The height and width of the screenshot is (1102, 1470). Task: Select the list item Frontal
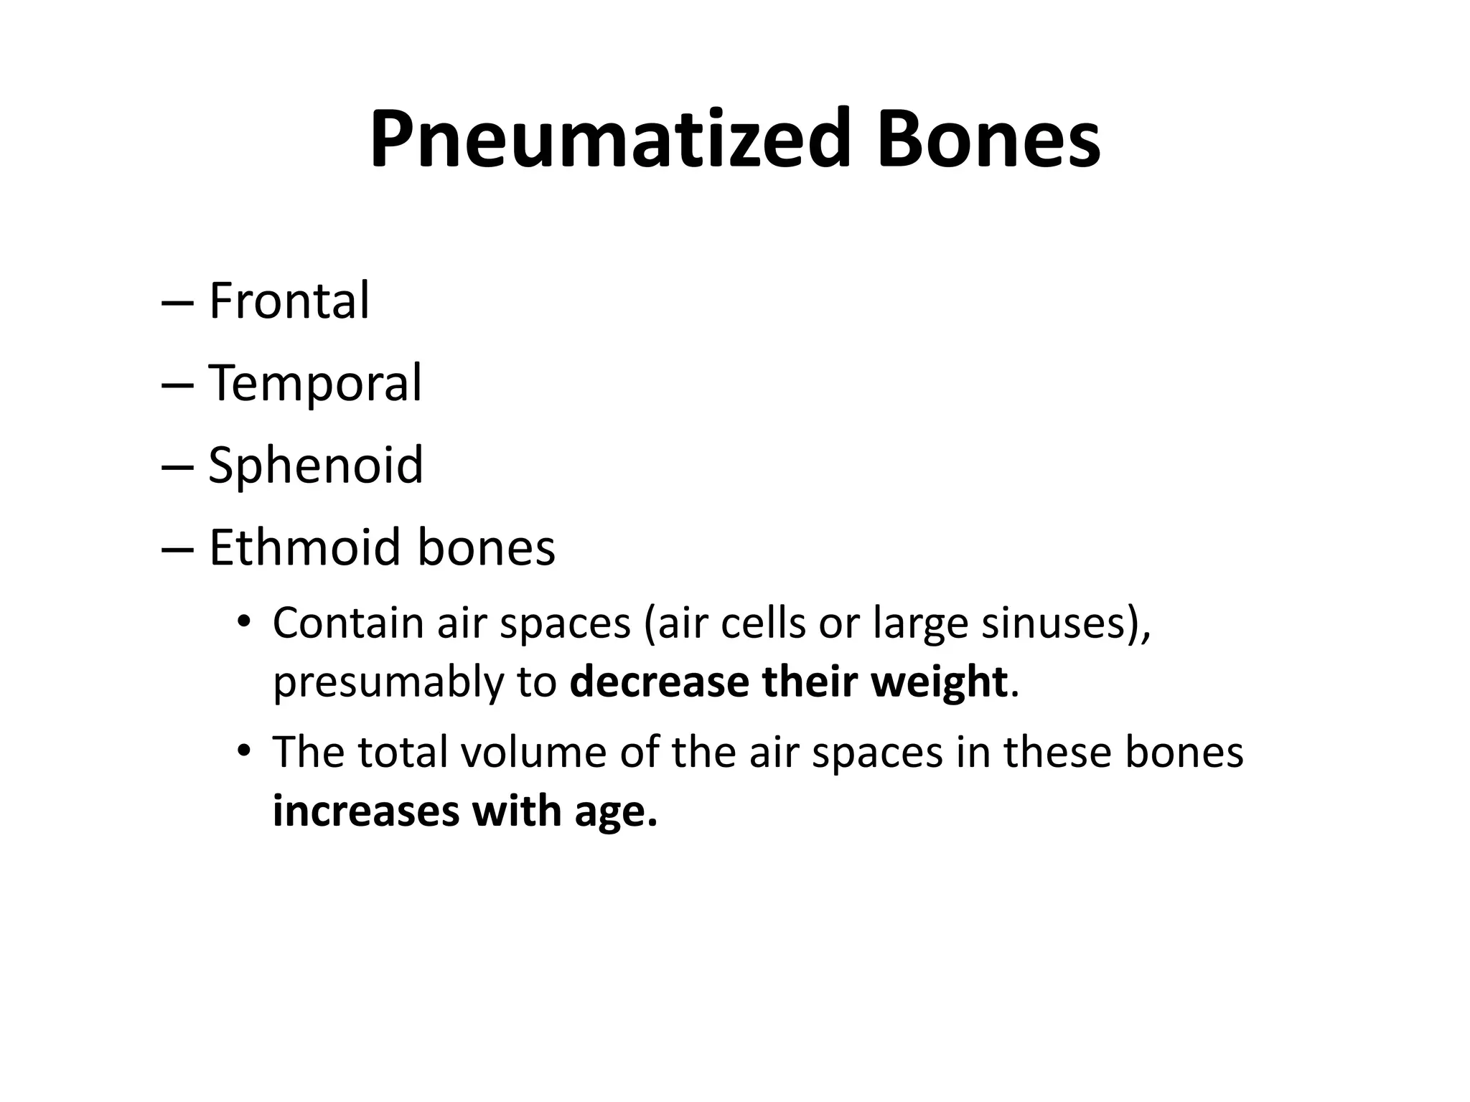pos(289,301)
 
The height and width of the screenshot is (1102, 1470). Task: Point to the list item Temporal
pos(315,383)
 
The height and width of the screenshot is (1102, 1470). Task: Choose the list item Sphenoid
pos(316,466)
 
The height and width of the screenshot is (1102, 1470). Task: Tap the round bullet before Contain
pos(244,621)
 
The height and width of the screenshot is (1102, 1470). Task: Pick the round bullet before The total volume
pos(244,750)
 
